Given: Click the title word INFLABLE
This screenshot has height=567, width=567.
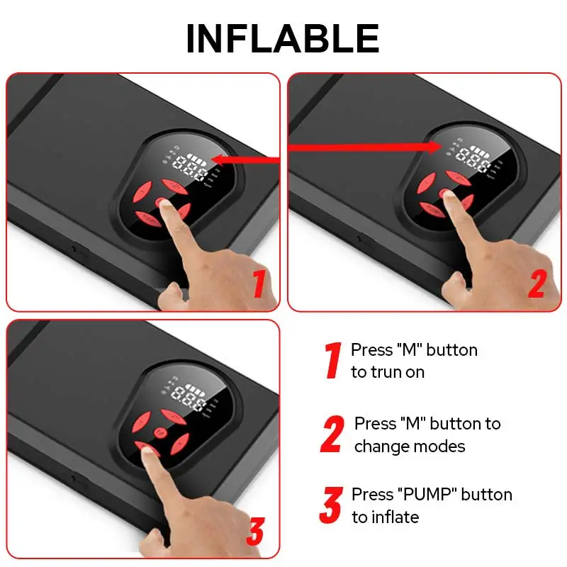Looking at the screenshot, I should coord(282,38).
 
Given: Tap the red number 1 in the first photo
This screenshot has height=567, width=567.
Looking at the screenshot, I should coord(259,283).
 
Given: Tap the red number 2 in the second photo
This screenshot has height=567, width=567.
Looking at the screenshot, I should coord(537,283).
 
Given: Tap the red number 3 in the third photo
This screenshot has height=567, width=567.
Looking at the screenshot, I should coord(256,532).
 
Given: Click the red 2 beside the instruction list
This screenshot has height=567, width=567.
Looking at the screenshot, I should coord(332,434).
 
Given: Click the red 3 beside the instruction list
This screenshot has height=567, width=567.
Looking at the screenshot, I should coord(331,505).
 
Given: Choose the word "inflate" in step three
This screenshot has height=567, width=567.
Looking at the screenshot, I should coord(395,517).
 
